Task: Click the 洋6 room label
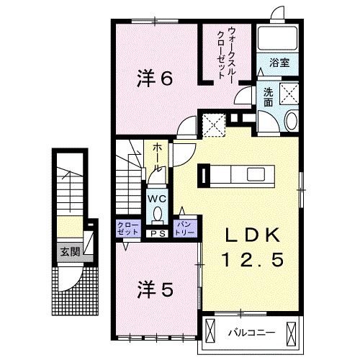pyautogui.click(x=155, y=78)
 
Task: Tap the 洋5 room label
pyautogui.click(x=155, y=290)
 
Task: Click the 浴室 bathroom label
pyautogui.click(x=280, y=63)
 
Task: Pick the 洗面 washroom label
pyautogui.click(x=267, y=96)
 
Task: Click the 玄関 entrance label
pyautogui.click(x=69, y=252)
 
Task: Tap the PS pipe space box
pyautogui.click(x=157, y=233)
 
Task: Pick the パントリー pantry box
pyautogui.click(x=186, y=229)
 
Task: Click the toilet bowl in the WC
pyautogui.click(x=157, y=214)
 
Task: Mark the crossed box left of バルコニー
pyautogui.click(x=211, y=332)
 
